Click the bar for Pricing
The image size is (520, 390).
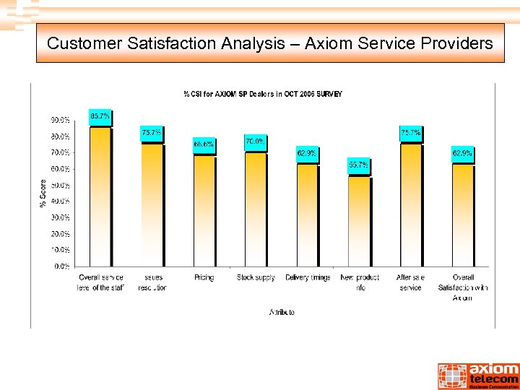click(x=204, y=210)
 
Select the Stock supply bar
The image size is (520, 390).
click(x=256, y=209)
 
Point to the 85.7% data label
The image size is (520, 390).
click(x=100, y=116)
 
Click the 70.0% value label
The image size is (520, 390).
click(x=255, y=142)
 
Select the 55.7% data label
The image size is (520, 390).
click(x=359, y=165)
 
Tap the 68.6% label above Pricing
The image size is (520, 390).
click(x=204, y=144)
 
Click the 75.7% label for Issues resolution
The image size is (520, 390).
click(x=152, y=133)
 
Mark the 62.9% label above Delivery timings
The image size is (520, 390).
click(x=306, y=153)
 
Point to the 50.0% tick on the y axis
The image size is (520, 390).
click(x=60, y=185)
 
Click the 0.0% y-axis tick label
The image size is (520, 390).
click(x=62, y=266)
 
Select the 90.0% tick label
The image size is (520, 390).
click(x=60, y=120)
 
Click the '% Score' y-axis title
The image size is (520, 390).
click(x=42, y=193)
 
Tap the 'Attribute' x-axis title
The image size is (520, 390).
click(x=282, y=313)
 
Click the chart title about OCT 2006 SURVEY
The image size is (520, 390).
click(x=263, y=94)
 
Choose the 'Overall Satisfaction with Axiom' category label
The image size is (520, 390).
click(x=463, y=287)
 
